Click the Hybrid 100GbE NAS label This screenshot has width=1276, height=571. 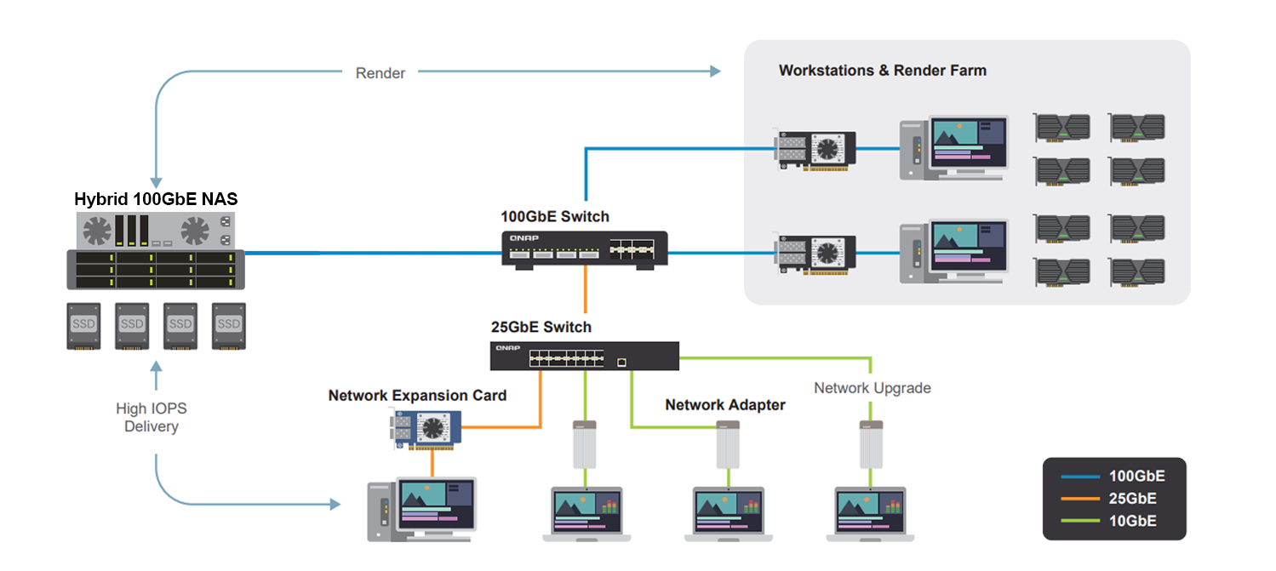pos(156,200)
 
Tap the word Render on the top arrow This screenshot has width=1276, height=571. pos(381,73)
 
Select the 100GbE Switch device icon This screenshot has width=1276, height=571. pos(585,249)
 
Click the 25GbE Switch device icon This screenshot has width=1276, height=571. pos(585,356)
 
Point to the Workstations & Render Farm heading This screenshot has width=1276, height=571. pos(882,71)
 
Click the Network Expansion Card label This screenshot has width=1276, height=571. pos(417,396)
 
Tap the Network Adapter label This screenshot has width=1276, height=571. pos(725,405)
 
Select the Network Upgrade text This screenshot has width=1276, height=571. pos(873,388)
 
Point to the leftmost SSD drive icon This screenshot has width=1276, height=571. pos(84,326)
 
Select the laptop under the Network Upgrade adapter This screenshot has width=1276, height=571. pos(871,513)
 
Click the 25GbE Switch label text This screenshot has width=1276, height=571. pos(541,327)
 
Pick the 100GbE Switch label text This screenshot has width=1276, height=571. pos(555,217)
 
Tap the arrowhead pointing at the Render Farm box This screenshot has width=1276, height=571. pos(716,72)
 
